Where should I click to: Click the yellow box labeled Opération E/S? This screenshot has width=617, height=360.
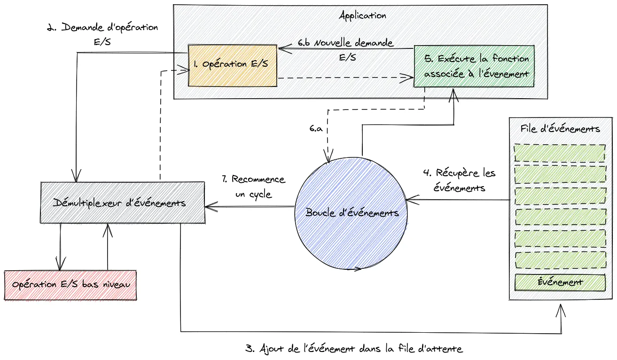point(232,65)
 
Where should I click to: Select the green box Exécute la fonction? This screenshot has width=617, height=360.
point(474,66)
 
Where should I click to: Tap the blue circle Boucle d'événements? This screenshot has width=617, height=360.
point(352,213)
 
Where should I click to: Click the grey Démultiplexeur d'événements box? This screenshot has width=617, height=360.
point(122,203)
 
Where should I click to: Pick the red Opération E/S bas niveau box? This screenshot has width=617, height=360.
point(70,285)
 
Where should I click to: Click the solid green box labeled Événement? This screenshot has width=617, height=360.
point(560,282)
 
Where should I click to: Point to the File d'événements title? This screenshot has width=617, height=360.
point(560,129)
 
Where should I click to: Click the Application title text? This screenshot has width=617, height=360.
point(362,15)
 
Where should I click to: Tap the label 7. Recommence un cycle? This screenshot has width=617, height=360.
point(253,187)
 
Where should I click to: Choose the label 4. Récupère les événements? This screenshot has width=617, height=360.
point(459,180)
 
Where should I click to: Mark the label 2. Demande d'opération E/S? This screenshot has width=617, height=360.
point(102,34)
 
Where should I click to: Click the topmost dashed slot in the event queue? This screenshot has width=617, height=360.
point(560,153)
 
